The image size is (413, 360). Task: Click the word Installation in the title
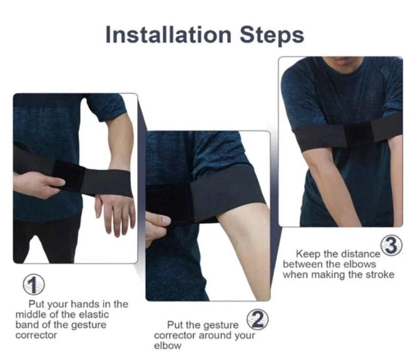point(169,35)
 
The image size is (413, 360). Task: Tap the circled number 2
point(257,320)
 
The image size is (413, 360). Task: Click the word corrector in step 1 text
point(36,335)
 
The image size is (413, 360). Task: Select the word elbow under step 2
point(167,345)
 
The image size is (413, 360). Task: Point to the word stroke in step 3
point(380,275)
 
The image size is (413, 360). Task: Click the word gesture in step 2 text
point(220,326)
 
